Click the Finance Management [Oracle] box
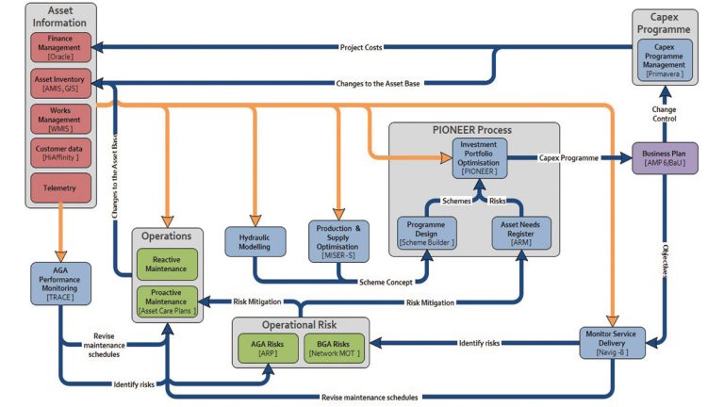tap(61, 46)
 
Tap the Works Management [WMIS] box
tap(61, 118)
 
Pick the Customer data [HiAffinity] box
tap(61, 153)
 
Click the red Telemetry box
tap(61, 187)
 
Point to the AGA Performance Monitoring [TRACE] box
tap(59, 278)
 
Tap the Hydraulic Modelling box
tap(255, 240)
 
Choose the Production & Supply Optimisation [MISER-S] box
tap(338, 240)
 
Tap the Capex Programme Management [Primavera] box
tap(665, 59)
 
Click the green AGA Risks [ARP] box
tap(269, 348)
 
